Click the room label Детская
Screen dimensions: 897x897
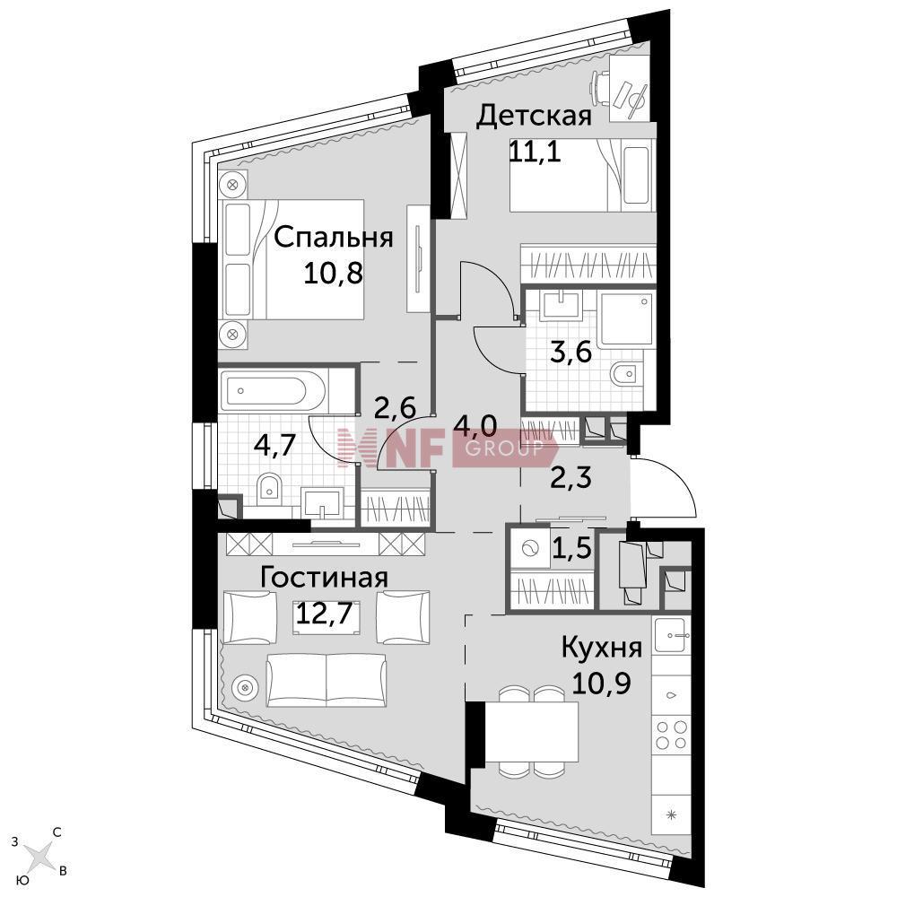tap(534, 116)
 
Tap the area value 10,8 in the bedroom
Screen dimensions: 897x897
tap(334, 274)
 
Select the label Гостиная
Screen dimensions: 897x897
tap(325, 578)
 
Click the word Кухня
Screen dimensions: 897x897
tap(602, 649)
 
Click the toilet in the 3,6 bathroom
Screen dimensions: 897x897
tap(623, 375)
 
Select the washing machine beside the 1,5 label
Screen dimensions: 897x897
tap(528, 549)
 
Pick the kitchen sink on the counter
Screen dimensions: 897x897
tap(672, 635)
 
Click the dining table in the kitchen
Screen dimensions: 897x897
tap(531, 733)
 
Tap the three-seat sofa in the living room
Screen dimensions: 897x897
tap(327, 679)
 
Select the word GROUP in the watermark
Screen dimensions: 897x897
tap(503, 448)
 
